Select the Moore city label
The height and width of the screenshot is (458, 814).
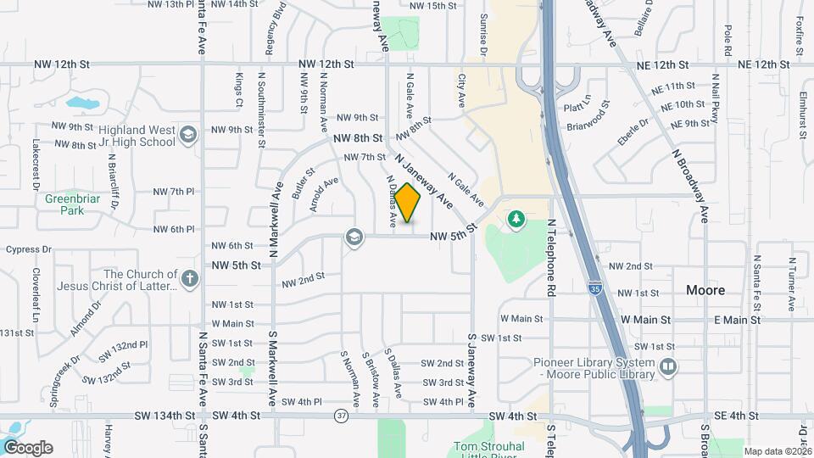(705, 290)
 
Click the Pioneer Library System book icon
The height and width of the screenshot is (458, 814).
(669, 366)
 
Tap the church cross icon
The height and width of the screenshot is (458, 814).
(189, 278)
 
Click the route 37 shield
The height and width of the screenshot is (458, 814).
(341, 416)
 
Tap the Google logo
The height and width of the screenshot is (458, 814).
(28, 448)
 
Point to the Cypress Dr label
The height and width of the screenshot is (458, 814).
(29, 250)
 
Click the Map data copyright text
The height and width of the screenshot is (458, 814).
(777, 450)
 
